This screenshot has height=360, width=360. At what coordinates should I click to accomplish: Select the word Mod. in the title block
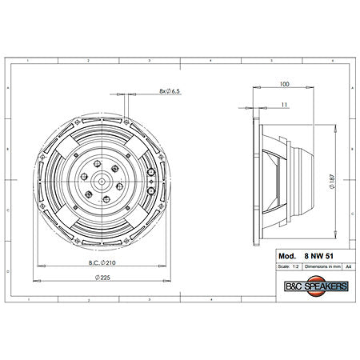286,256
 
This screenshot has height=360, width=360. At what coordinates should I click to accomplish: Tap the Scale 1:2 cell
286,266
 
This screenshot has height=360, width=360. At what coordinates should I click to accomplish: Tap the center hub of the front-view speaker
102,180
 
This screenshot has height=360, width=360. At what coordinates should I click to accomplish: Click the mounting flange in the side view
254,180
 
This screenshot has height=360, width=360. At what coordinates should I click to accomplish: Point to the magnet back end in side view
314,180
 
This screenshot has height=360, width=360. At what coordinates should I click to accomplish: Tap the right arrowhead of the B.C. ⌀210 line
164,264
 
